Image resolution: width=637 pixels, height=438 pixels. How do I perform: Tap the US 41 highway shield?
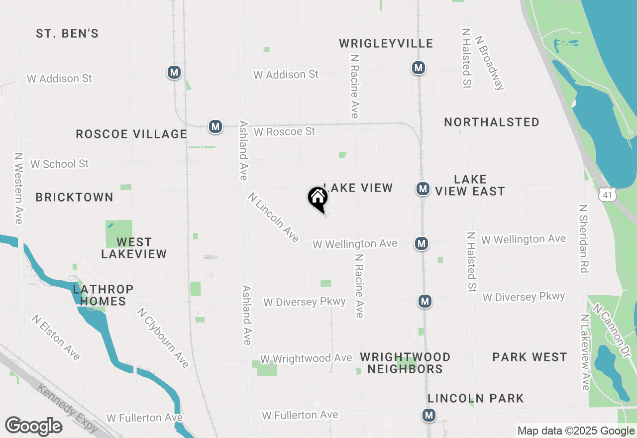click(607, 195)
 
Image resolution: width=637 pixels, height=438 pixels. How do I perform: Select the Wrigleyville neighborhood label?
click(386, 44)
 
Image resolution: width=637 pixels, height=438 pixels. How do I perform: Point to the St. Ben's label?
click(67, 34)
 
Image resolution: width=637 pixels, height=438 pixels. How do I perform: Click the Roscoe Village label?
click(131, 134)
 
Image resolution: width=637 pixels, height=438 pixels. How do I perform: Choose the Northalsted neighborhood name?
click(492, 122)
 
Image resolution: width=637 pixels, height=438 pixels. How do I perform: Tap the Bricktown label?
click(75, 197)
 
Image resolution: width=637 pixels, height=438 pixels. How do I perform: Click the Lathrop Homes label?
click(103, 295)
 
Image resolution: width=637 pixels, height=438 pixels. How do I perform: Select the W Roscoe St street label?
click(284, 131)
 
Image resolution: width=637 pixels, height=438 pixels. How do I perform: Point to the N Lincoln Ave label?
click(273, 218)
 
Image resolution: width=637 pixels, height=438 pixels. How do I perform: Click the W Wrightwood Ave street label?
click(306, 358)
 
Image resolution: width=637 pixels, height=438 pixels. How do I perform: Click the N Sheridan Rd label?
click(584, 238)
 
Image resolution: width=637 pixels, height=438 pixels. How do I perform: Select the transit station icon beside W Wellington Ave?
click(422, 243)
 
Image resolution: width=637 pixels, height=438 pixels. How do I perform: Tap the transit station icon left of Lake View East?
click(423, 189)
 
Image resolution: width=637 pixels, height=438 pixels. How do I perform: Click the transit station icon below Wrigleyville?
click(418, 67)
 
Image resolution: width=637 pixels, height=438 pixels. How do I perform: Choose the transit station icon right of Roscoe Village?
click(215, 126)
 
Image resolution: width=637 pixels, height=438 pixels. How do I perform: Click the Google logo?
click(33, 426)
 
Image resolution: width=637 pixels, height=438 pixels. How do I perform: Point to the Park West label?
click(530, 357)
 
